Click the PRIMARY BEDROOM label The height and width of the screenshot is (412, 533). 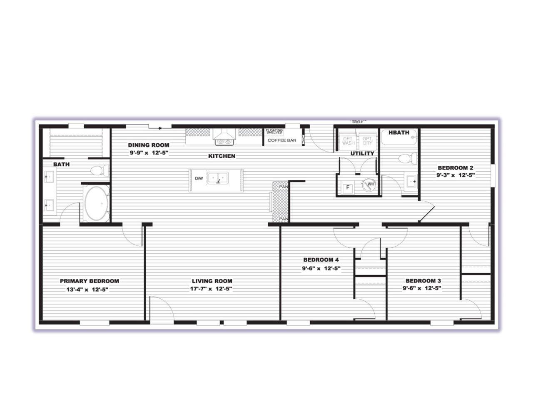(x=89, y=281)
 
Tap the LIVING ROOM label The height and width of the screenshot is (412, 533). (x=212, y=281)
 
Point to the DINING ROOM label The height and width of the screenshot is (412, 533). (x=149, y=145)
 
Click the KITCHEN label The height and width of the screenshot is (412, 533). (x=222, y=156)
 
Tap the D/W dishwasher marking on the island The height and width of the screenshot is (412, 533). (x=199, y=179)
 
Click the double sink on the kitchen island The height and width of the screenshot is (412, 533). (x=218, y=179)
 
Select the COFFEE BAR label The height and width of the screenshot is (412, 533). (x=282, y=140)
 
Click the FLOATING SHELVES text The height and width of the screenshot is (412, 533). (x=274, y=131)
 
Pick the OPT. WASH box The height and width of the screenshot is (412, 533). (x=348, y=141)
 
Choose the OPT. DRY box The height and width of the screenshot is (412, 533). (x=367, y=141)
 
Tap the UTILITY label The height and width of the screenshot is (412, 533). (x=362, y=153)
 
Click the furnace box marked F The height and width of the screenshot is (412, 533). (x=347, y=188)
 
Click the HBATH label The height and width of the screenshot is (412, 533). (x=399, y=133)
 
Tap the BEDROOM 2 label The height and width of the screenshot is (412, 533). (x=455, y=168)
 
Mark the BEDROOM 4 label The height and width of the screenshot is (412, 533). (x=321, y=260)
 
